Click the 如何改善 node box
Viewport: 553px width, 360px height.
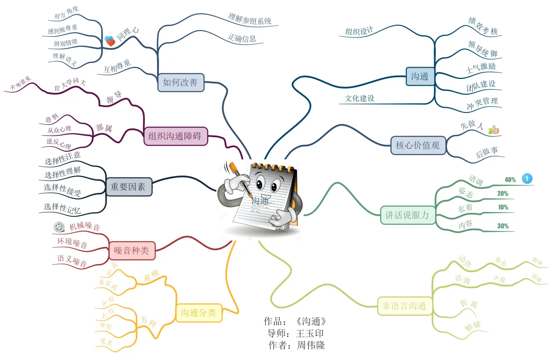(x=180, y=82)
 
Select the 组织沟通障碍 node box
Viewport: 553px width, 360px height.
(x=175, y=136)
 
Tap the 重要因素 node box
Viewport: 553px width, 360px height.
(x=128, y=187)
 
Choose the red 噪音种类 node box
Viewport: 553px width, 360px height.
(x=132, y=251)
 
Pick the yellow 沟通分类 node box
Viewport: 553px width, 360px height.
(x=198, y=313)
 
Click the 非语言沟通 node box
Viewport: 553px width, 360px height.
(x=404, y=306)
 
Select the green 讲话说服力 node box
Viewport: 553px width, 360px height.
(x=407, y=215)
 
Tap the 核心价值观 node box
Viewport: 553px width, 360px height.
(x=418, y=145)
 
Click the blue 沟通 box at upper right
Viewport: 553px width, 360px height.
(x=420, y=76)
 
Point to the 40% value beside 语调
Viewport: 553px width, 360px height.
(x=510, y=180)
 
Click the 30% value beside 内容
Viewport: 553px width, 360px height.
(x=503, y=226)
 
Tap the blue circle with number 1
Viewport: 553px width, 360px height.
(x=527, y=179)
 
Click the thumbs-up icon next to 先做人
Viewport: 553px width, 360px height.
(x=494, y=130)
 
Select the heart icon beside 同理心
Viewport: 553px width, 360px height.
(x=110, y=41)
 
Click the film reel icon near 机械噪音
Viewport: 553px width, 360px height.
(x=59, y=227)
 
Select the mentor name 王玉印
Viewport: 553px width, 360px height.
(x=310, y=334)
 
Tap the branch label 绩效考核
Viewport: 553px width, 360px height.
(x=483, y=26)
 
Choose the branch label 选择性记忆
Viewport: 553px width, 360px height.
(x=62, y=208)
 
